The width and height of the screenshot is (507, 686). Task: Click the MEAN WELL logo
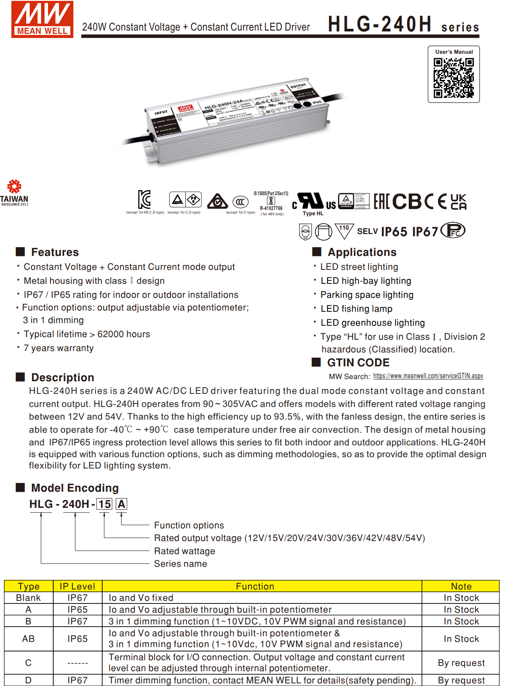coord(42,20)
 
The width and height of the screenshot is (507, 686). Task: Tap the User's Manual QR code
coord(453,78)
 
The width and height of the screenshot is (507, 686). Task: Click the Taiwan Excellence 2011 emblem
coord(14,193)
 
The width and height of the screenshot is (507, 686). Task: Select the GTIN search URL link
coord(428,376)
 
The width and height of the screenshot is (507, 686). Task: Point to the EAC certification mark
coord(381,201)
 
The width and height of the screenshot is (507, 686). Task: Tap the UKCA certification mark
coord(458,202)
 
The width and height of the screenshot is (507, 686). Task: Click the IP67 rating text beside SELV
coord(425,231)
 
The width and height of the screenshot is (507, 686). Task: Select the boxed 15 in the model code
coord(104,504)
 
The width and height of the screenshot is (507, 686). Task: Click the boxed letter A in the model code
coord(121,504)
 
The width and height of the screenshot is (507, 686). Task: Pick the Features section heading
coord(55,252)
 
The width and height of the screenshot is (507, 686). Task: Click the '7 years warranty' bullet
coord(59,348)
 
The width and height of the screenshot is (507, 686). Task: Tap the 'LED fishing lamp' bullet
coord(356,309)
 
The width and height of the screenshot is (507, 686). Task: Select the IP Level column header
coord(77,586)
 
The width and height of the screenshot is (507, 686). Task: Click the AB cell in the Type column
coord(28,639)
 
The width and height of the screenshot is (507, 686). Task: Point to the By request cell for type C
coord(461,663)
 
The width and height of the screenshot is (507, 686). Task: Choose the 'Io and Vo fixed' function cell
coord(141,598)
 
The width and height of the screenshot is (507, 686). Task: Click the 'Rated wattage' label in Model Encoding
coord(184,551)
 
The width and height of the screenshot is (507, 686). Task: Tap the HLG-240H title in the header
coord(379,24)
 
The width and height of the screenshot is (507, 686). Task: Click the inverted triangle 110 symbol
coord(344,231)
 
